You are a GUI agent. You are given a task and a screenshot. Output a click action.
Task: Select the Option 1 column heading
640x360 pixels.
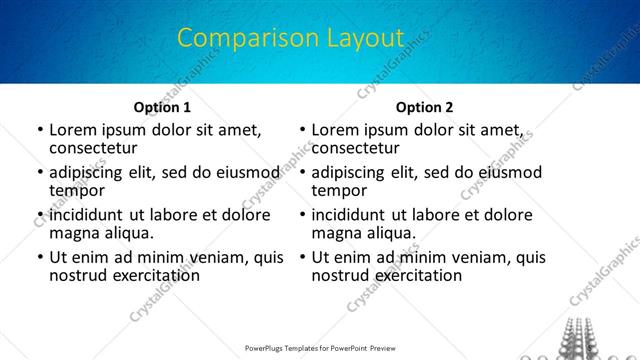162,107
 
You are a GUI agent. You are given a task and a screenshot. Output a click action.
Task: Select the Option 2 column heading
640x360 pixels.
423,107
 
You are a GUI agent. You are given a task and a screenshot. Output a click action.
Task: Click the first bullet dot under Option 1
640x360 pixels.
39,130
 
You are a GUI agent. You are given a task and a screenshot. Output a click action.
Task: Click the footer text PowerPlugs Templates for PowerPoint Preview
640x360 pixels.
320,350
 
